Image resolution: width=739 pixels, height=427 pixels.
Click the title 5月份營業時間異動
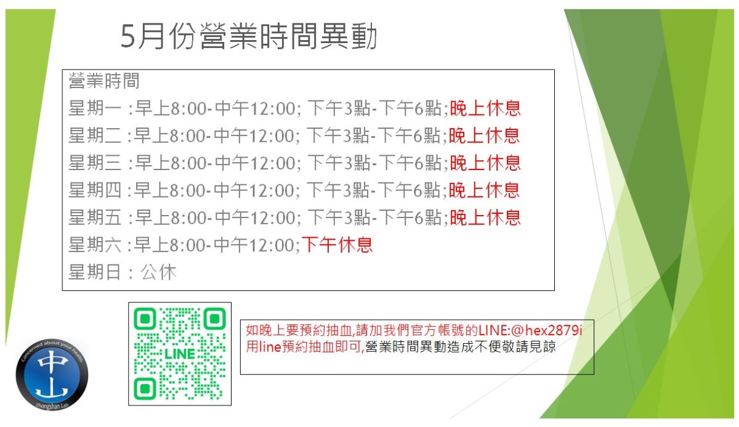point(249,36)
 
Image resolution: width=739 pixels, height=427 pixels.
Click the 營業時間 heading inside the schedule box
point(104,81)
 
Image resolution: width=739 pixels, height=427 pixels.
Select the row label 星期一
point(95,108)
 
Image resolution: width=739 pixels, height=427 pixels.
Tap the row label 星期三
point(95,163)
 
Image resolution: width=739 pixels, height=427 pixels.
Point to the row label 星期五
point(95,218)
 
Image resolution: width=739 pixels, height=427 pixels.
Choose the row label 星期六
point(95,245)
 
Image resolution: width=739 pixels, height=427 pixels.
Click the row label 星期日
point(94,272)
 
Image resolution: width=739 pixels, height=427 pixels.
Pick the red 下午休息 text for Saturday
point(337,245)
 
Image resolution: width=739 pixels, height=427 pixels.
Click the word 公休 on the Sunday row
point(159,272)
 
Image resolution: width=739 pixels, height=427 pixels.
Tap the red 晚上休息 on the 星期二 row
point(484,136)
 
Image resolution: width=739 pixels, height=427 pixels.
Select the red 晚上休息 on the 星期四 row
point(484,190)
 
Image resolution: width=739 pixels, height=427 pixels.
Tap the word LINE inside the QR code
point(180,354)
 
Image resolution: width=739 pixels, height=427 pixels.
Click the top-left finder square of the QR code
point(145,319)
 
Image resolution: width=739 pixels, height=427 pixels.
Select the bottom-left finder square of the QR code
point(145,389)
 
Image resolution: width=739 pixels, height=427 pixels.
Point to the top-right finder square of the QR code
point(215,319)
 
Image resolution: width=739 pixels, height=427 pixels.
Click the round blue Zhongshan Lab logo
point(52,375)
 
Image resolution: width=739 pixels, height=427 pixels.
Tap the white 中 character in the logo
point(53,361)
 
